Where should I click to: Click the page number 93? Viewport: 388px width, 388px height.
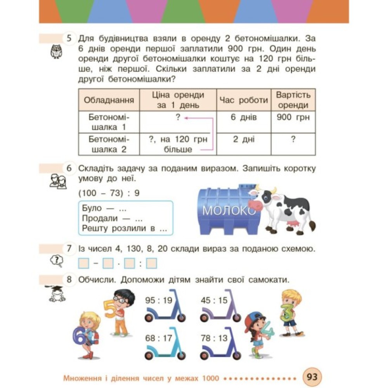point(312,376)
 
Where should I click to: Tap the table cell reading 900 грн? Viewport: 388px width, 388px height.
point(293,118)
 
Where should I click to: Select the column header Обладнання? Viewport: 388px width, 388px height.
point(109,100)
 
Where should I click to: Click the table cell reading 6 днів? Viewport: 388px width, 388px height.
point(244,118)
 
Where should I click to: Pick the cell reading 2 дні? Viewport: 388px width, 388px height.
point(244,140)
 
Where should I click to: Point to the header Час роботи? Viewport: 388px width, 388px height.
point(244,100)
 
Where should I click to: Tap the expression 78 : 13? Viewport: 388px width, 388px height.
point(214,338)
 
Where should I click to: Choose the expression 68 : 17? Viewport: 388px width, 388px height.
point(158,338)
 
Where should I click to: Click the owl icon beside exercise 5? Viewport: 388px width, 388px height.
point(57,52)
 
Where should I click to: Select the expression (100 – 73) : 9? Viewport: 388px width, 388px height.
point(109,193)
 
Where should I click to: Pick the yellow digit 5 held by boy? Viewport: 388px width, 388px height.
point(110,310)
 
